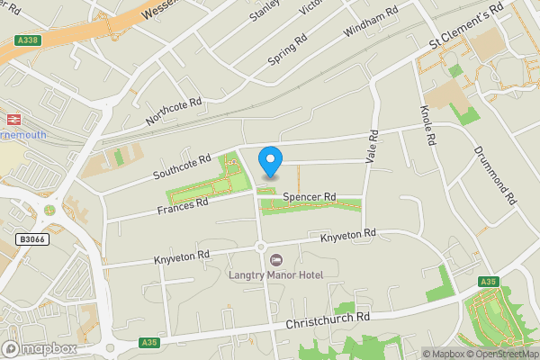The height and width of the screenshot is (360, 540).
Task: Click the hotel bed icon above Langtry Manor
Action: (275, 260)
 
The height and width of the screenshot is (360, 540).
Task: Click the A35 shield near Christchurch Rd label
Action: (149, 342)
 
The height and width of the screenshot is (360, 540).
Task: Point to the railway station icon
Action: (13, 119)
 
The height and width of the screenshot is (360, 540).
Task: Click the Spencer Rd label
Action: (309, 196)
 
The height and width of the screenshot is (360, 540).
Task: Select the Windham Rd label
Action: (371, 23)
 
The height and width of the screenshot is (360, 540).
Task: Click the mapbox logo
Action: (40, 348)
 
